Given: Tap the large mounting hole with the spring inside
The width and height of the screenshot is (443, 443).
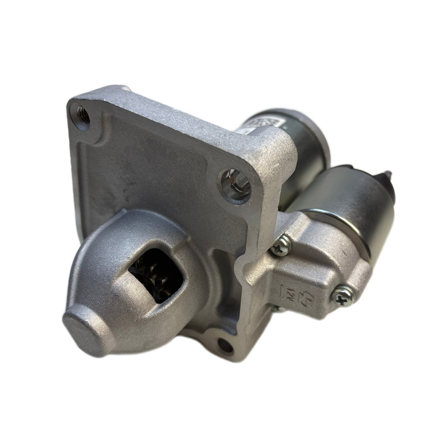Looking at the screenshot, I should (x=235, y=185).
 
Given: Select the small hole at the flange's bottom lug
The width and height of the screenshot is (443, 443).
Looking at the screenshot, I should (x=225, y=345).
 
